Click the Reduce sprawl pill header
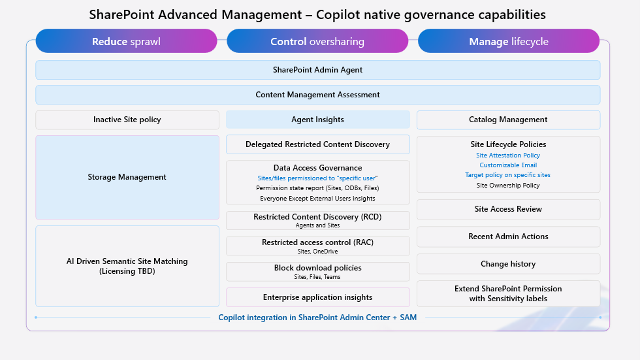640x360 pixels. [x=126, y=41]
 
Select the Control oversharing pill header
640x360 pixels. [x=317, y=41]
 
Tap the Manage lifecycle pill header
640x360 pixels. [x=508, y=41]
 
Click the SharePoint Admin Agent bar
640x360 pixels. [x=317, y=70]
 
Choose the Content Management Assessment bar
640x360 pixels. [x=317, y=95]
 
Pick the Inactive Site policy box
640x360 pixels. [x=127, y=120]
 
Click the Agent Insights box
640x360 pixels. [x=317, y=120]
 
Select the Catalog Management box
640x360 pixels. [x=508, y=120]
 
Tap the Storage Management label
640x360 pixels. [x=127, y=177]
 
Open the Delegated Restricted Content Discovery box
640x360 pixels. [x=317, y=144]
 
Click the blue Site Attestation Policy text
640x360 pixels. [x=508, y=155]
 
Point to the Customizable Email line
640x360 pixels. [x=508, y=165]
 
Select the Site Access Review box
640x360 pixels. [x=508, y=209]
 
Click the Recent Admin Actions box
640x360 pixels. [x=508, y=237]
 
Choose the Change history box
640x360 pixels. [x=508, y=264]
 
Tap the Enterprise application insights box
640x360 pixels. [x=317, y=297]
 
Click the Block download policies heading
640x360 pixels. [x=317, y=268]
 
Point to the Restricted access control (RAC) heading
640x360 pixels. [x=317, y=242]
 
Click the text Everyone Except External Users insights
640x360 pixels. [x=317, y=198]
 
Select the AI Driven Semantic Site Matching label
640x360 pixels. [x=127, y=261]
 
